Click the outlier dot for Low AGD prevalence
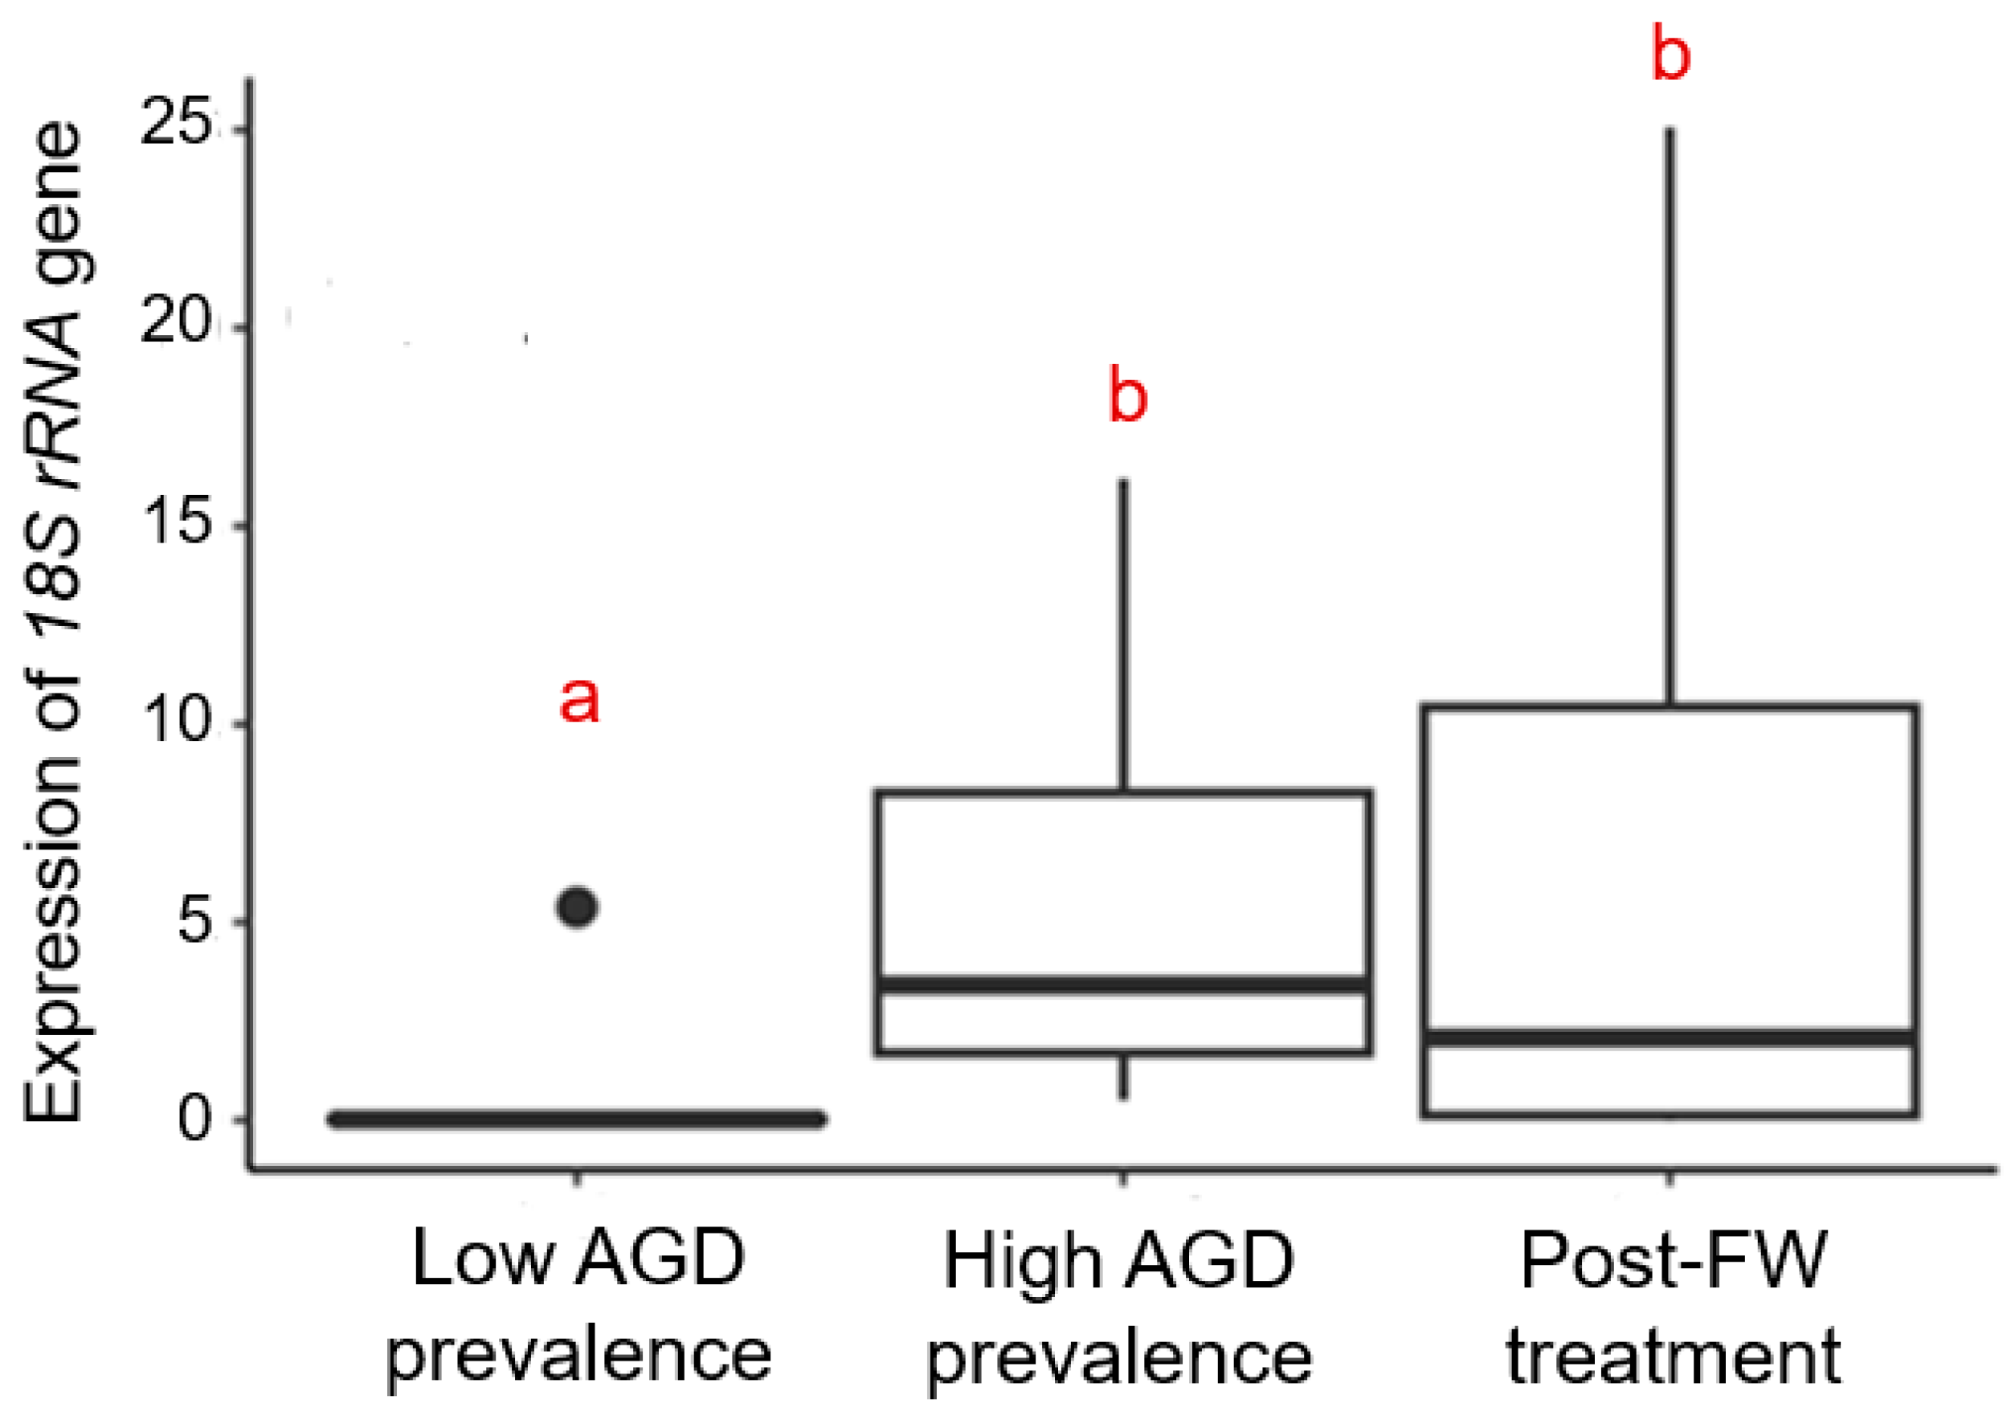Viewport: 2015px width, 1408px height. pyautogui.click(x=578, y=907)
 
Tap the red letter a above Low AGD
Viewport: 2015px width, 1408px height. pyautogui.click(x=579, y=701)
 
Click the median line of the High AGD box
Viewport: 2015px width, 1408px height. pyautogui.click(x=1123, y=984)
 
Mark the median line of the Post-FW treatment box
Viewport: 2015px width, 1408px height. pyautogui.click(x=1670, y=1038)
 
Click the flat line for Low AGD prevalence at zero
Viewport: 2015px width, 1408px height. pyautogui.click(x=577, y=1119)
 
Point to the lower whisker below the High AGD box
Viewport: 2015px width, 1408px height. pyautogui.click(x=1123, y=1076)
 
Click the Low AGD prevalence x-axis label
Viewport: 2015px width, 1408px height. pyautogui.click(x=578, y=1305)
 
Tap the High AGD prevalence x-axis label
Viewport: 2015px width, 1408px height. pyautogui.click(x=1119, y=1307)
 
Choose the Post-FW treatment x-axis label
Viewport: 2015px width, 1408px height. pyautogui.click(x=1673, y=1305)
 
